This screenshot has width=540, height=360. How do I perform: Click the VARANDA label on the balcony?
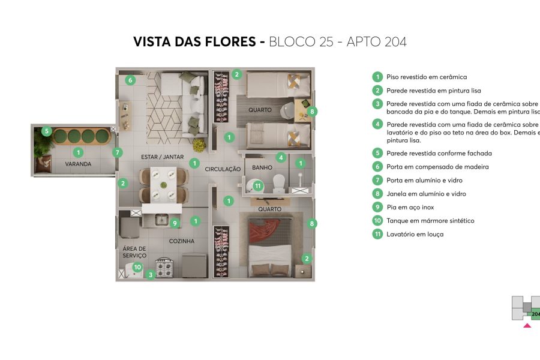point(79,164)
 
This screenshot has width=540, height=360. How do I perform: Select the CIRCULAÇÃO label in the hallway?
point(223,169)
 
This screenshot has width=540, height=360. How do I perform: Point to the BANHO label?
point(262,167)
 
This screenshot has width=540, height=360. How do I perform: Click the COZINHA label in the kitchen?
point(181,241)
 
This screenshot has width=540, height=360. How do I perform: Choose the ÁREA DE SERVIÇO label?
point(134,252)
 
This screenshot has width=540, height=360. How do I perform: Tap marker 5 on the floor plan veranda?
point(46,131)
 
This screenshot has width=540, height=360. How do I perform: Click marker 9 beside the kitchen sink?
point(175,223)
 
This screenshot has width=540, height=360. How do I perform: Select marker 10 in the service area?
point(137,268)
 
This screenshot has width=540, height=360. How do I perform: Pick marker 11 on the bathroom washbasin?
point(258,186)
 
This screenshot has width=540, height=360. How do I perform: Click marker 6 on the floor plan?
point(130,80)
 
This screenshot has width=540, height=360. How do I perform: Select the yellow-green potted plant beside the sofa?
point(199,145)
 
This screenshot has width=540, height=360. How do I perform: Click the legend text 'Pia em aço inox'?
point(410,207)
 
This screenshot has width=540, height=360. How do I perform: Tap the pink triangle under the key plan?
point(527,326)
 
